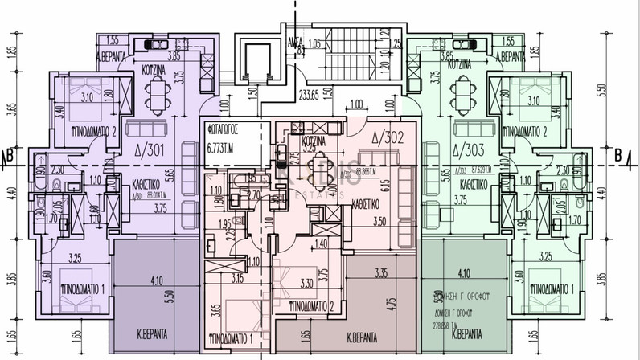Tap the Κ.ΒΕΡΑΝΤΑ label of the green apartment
pyautogui.click(x=467, y=331)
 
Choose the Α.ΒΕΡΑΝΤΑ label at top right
pyautogui.click(x=511, y=58)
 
